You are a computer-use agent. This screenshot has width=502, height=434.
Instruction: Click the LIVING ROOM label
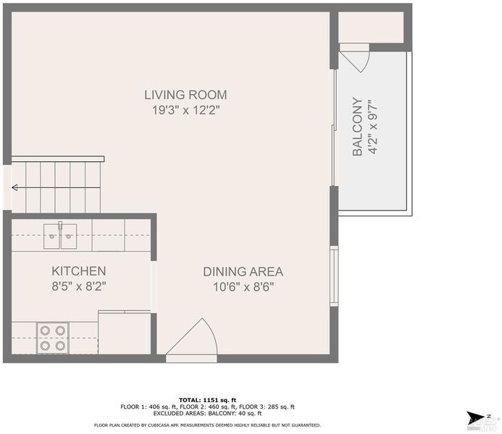185,95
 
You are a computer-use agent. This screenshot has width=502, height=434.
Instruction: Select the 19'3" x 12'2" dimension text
185,111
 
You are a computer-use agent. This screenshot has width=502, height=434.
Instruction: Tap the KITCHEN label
79,271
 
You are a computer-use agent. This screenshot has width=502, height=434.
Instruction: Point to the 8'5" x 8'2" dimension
79,286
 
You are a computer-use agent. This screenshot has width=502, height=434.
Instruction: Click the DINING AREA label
243,272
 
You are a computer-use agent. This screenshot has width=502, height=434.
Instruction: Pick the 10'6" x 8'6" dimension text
243,287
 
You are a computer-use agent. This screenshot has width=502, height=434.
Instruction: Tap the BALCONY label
357,127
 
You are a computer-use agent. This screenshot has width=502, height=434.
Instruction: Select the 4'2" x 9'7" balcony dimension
373,127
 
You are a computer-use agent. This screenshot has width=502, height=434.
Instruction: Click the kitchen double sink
60,236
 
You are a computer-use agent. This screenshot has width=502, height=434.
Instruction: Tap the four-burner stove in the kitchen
52,338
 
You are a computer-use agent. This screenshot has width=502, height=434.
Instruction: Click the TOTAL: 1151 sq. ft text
207,400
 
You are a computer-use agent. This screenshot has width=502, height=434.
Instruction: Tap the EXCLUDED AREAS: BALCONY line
207,413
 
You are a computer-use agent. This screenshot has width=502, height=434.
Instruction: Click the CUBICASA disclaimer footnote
207,425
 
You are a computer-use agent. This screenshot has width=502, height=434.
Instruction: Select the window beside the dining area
334,276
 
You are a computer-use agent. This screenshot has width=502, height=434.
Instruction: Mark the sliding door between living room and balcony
334,127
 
